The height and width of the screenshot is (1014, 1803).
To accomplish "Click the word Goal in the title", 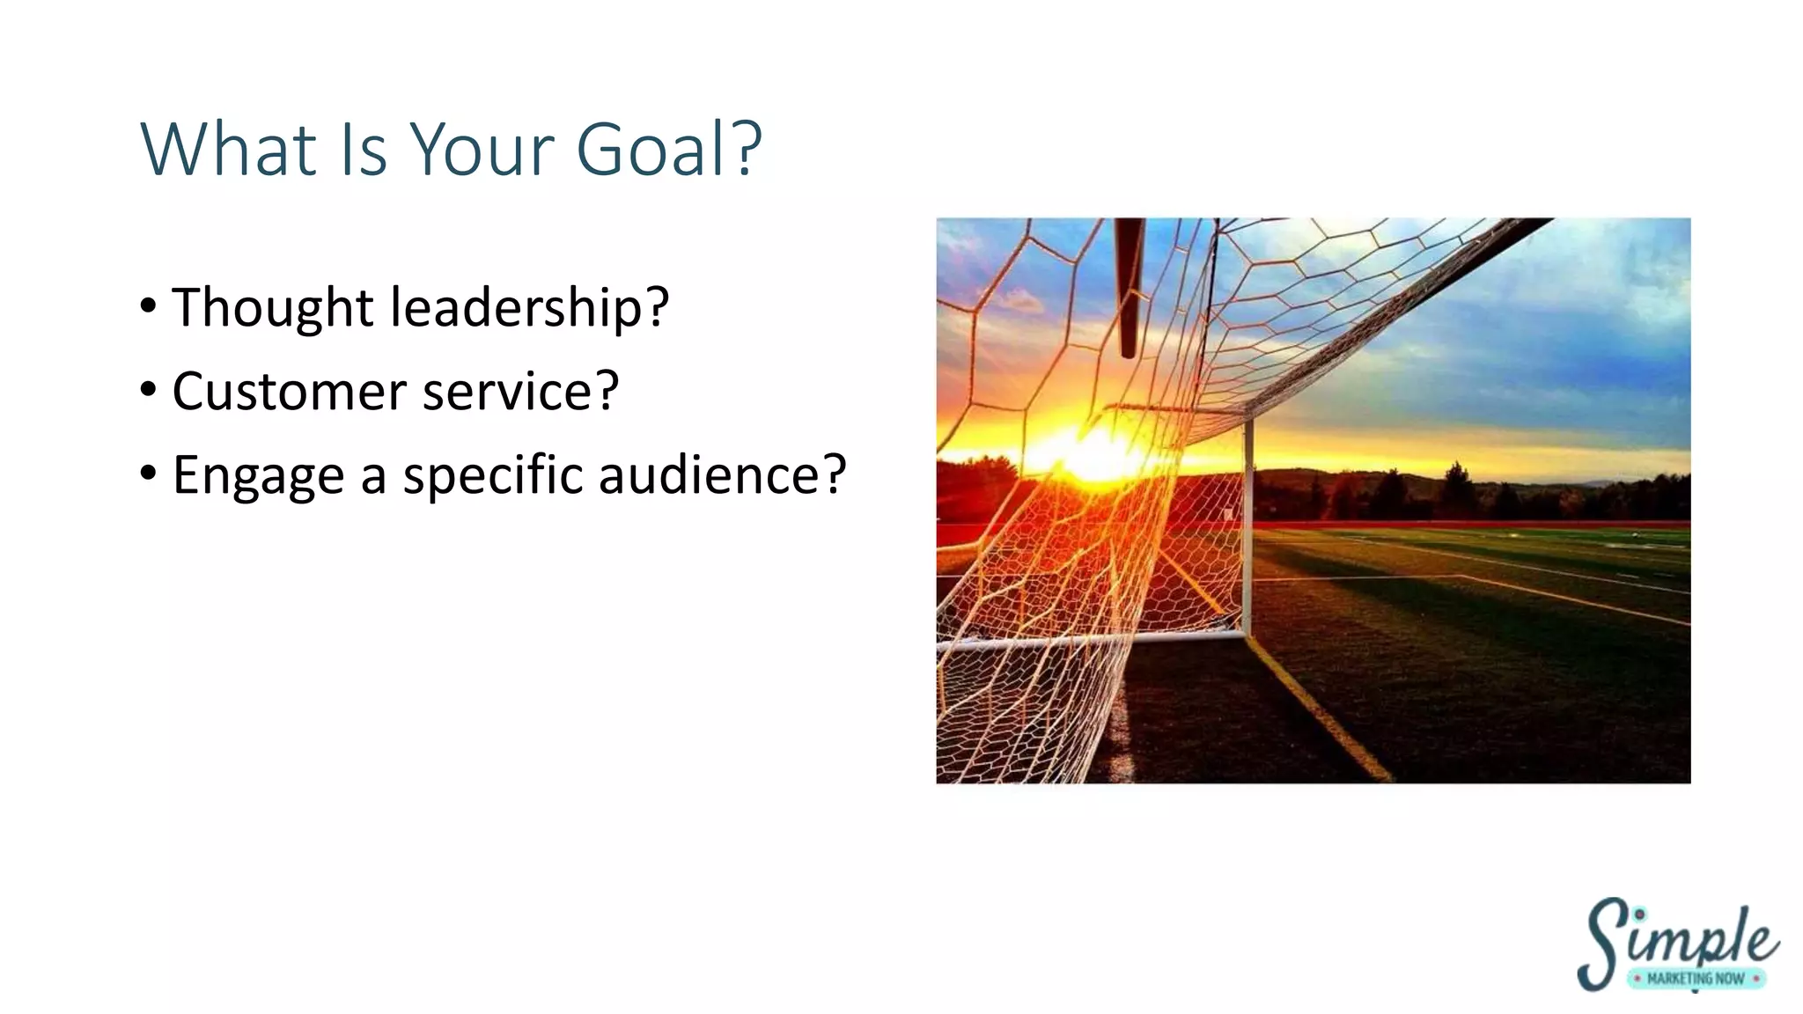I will (652, 150).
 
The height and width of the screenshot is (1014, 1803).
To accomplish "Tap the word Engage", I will (258, 476).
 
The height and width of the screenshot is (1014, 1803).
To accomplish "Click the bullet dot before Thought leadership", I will (149, 306).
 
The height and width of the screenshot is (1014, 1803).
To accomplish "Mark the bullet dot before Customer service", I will (149, 389).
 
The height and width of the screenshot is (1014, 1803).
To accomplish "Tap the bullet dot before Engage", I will (149, 473).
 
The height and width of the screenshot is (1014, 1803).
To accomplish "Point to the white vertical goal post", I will (1248, 528).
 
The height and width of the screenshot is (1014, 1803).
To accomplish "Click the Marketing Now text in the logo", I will (1696, 978).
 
